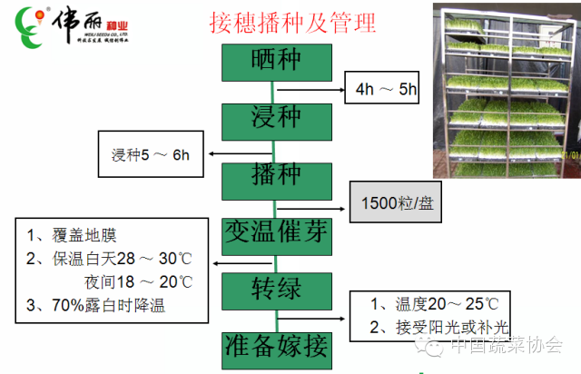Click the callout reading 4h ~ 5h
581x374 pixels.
coord(387,90)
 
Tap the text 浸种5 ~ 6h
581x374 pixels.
coord(151,154)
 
